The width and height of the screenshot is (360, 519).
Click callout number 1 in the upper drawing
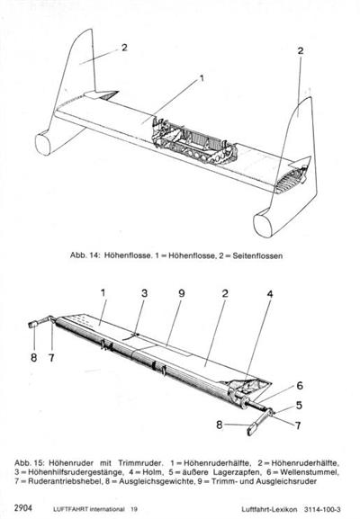202,78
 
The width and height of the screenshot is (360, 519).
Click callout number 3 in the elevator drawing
144,293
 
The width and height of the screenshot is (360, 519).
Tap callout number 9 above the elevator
182,293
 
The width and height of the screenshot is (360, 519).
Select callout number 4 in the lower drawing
270,294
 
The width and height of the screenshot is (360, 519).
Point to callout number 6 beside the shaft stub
300,386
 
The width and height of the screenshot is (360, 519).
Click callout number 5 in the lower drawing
299,405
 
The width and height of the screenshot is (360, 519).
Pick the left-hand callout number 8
34,357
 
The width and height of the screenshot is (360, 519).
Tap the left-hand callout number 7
51,357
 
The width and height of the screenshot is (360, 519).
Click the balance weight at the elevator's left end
32,325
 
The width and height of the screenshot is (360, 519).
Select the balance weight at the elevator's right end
252,430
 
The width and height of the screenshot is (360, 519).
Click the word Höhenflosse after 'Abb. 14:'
127,255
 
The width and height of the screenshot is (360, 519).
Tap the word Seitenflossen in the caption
257,255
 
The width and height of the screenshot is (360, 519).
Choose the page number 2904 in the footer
23,508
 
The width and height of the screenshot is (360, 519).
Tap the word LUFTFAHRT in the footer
70,509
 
